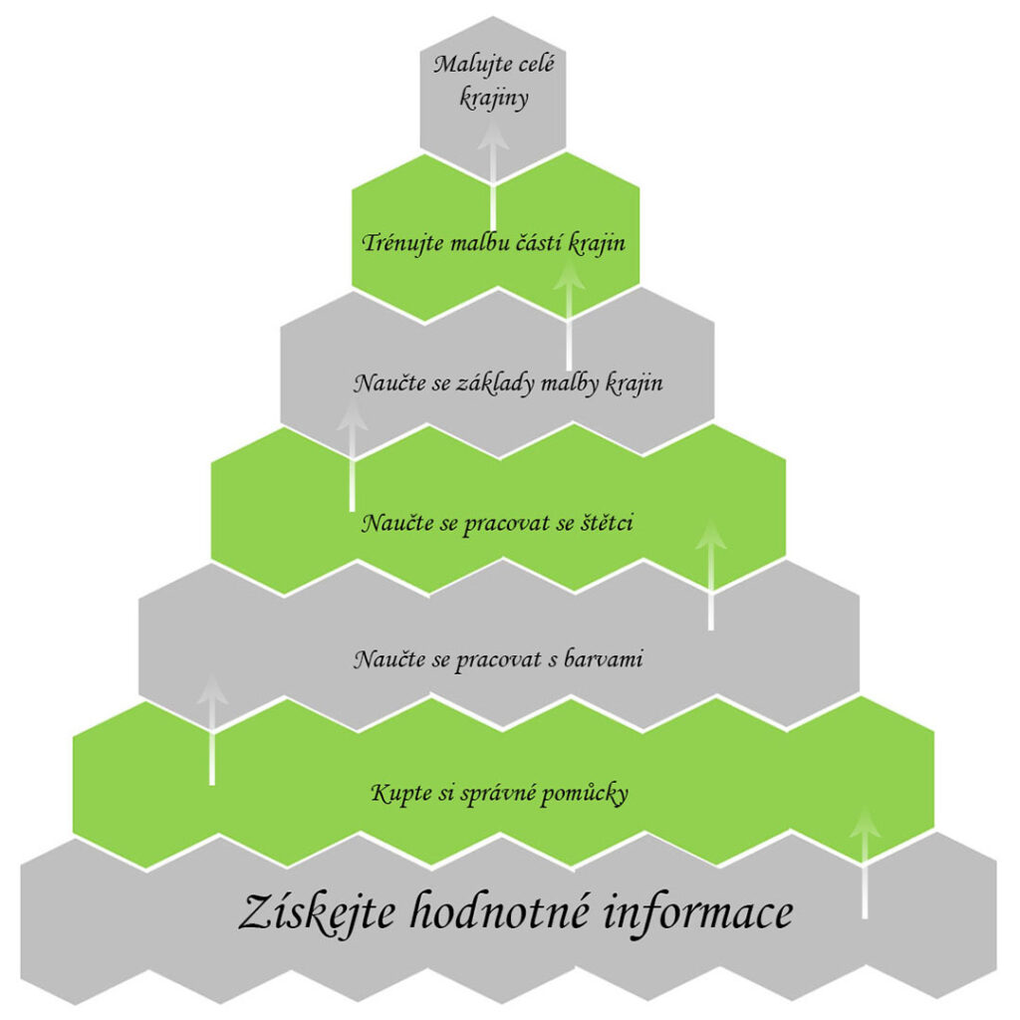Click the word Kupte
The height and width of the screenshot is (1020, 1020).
click(396, 795)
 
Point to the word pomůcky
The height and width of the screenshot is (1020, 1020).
click(584, 795)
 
